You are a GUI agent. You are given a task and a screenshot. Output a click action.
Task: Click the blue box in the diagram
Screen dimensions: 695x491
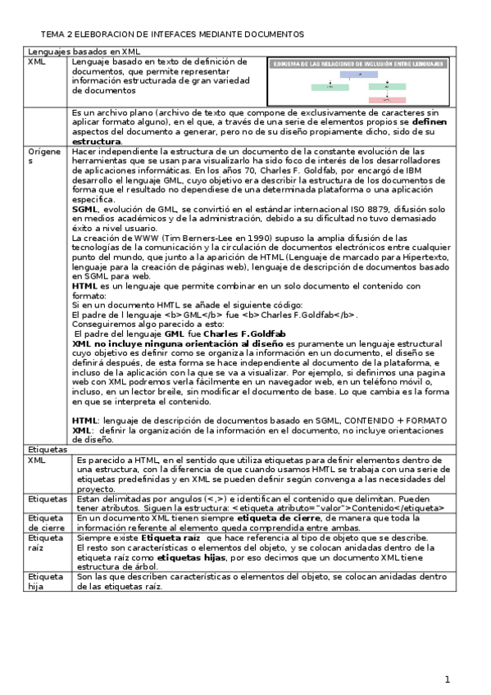pos(359,74)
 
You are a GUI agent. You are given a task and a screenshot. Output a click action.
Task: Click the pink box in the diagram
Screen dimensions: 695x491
pos(387,99)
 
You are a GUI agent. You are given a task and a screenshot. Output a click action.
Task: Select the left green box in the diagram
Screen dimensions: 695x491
pos(330,86)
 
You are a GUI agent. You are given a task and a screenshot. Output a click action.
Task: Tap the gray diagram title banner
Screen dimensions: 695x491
pos(358,63)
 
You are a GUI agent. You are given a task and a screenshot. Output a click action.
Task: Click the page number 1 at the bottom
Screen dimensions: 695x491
pos(448,679)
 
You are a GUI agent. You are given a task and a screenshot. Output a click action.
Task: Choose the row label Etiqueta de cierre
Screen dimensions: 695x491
pos(46,523)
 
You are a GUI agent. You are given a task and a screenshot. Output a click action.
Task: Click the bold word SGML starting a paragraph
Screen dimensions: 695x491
pos(84,209)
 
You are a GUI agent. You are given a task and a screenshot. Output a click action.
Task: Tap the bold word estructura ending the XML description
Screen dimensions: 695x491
pos(96,141)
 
